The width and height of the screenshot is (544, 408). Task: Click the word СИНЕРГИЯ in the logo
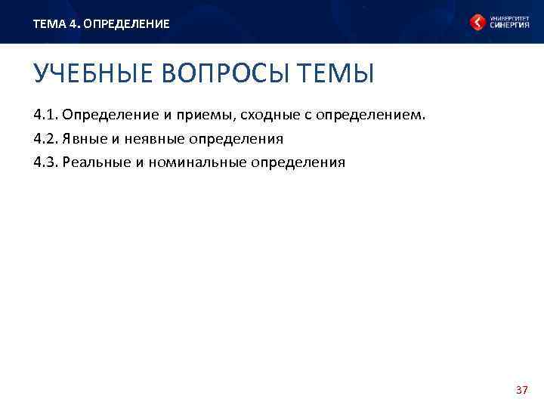pos(509,25)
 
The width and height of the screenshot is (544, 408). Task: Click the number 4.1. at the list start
pos(45,116)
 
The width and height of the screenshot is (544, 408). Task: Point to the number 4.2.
pos(45,139)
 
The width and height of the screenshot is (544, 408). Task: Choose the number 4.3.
pos(45,162)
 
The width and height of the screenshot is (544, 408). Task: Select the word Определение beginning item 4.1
pos(105,116)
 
